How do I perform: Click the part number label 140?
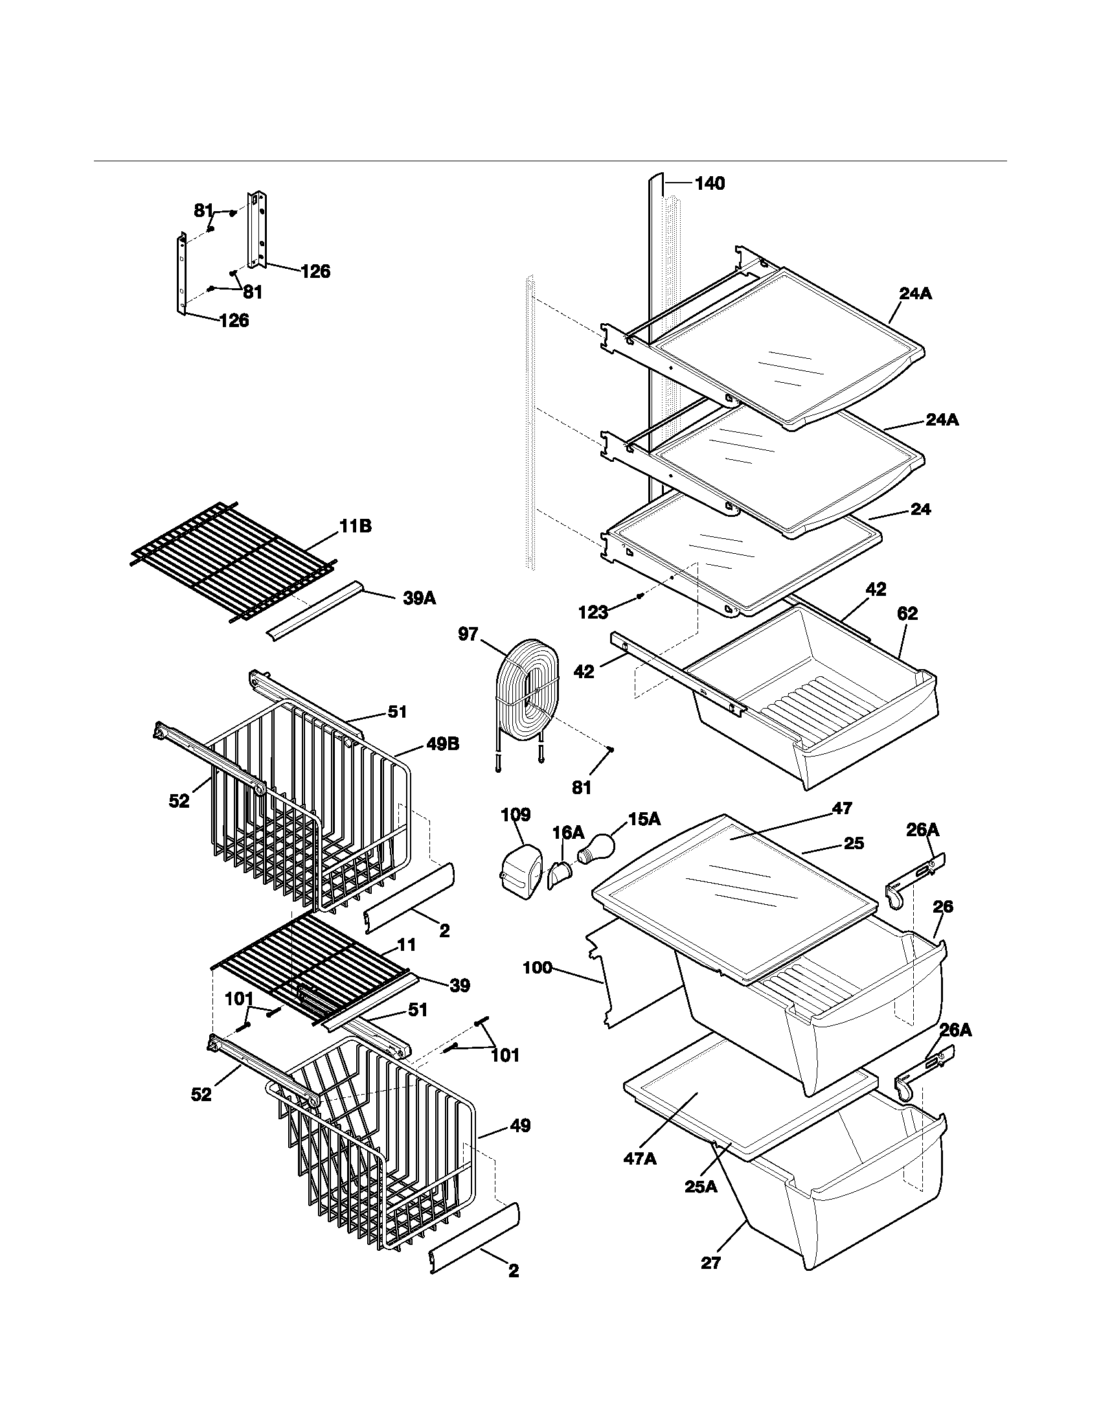[709, 184]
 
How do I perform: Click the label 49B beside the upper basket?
[442, 744]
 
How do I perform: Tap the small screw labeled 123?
[641, 595]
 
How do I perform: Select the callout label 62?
[907, 613]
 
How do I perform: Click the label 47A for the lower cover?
[640, 1159]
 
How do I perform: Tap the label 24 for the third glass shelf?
[920, 510]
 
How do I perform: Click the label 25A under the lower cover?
[701, 1187]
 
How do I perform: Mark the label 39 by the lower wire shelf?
[460, 986]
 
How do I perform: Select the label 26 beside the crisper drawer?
[942, 907]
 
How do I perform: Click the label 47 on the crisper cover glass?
[843, 808]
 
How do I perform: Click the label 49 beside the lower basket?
[519, 1126]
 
